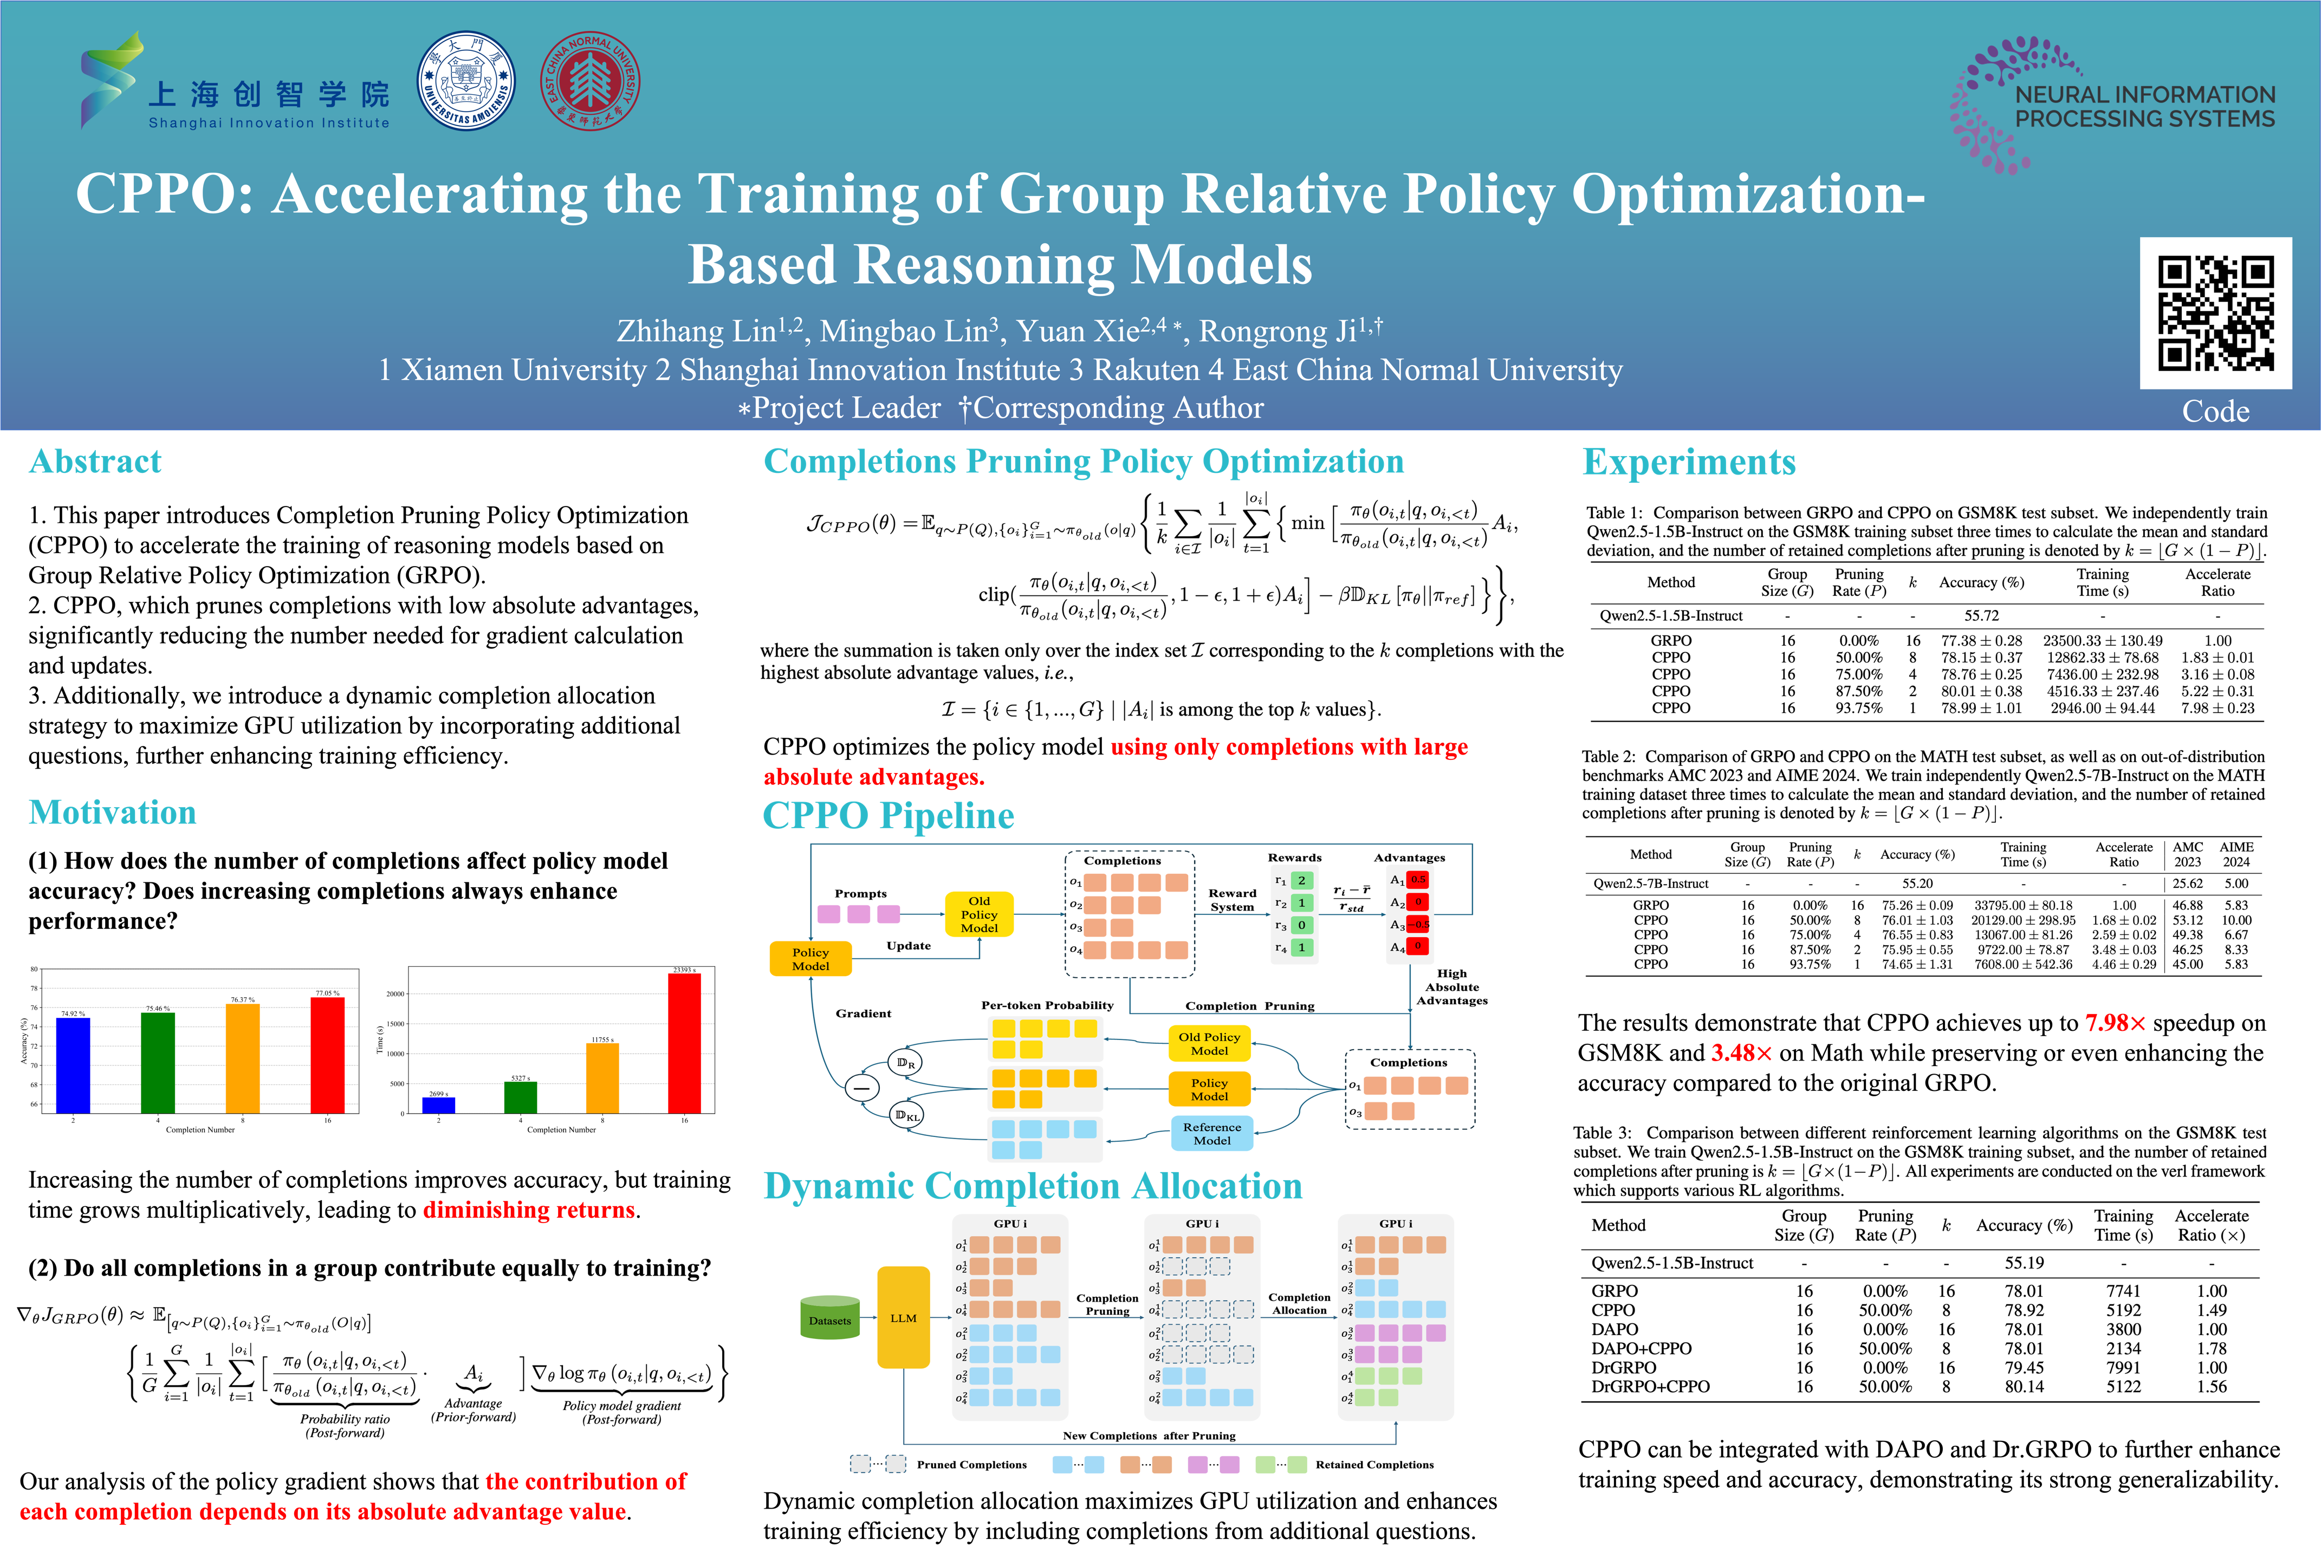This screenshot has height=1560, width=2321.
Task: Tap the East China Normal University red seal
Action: tap(590, 81)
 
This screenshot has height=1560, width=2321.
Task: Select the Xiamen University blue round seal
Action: tap(465, 81)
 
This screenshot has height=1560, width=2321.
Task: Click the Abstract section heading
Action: tap(95, 461)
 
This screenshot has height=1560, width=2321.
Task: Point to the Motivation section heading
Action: tap(112, 813)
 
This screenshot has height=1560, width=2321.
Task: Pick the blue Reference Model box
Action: tap(1211, 1133)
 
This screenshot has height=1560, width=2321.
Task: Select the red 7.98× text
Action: tap(2115, 1023)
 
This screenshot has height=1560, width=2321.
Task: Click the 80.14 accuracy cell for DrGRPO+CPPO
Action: tap(2024, 1386)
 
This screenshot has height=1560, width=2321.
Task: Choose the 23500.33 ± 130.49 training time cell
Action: tap(2102, 641)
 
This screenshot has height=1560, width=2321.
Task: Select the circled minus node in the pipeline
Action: tap(861, 1088)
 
